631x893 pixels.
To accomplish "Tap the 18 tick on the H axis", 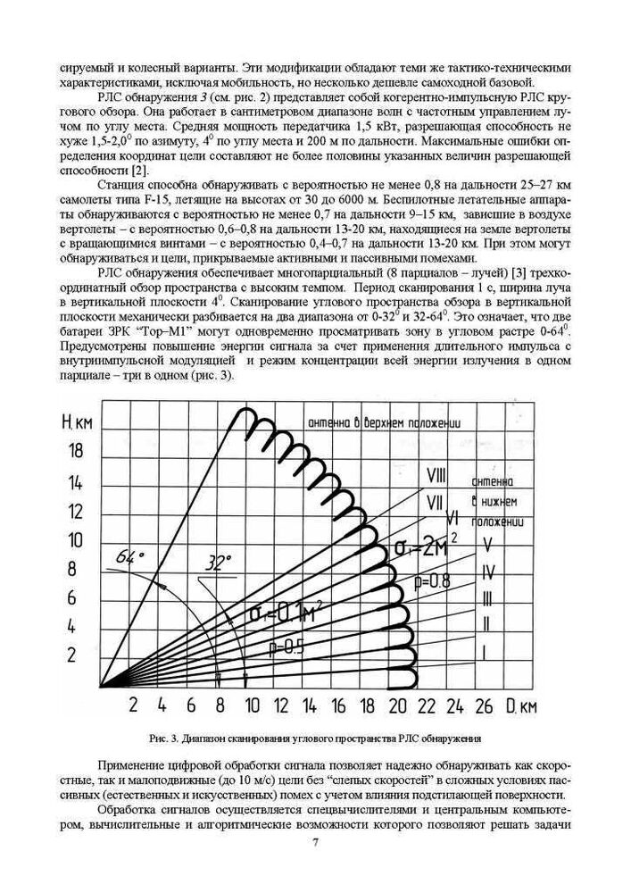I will coord(79,453).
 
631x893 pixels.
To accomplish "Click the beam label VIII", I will coord(436,474).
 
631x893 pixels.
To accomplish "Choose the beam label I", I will coord(483,652).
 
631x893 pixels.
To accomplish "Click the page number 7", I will coord(315,842).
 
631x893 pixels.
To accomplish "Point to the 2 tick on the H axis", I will coord(74,655).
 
